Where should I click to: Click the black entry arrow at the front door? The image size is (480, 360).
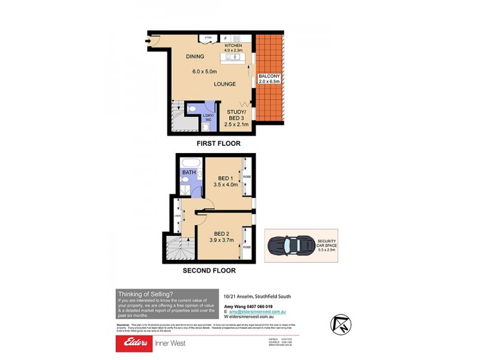(148, 41)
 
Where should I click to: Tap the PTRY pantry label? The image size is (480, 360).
(208, 38)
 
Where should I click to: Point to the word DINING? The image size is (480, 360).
(195, 56)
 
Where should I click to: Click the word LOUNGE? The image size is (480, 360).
(224, 84)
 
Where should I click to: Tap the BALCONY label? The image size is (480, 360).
(268, 77)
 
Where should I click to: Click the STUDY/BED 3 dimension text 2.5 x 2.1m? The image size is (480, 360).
(236, 124)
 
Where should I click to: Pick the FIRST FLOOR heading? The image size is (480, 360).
(218, 143)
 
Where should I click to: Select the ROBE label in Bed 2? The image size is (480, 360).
(246, 247)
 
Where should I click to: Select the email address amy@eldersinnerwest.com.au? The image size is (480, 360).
(257, 312)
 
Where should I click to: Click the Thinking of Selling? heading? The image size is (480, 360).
(146, 294)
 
